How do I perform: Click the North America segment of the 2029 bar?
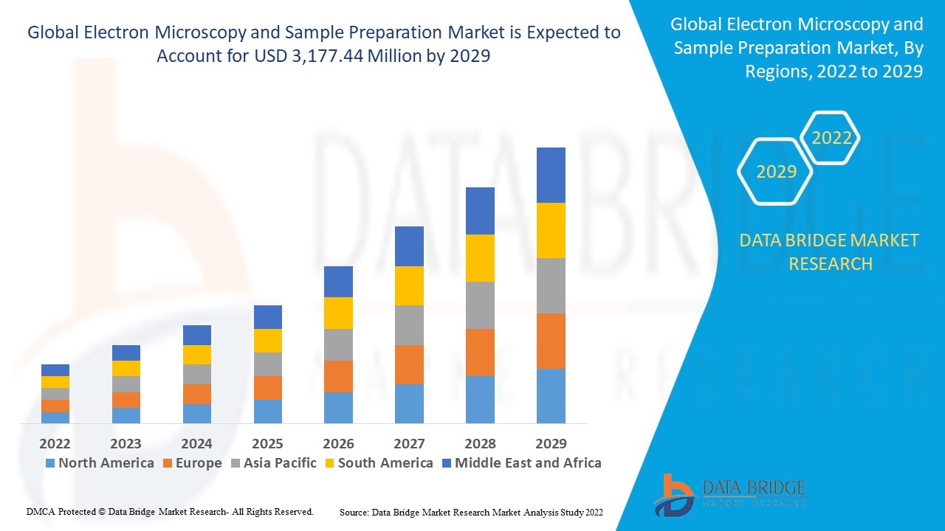click(551, 395)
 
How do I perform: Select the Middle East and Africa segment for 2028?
click(480, 210)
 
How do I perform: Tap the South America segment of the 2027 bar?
click(409, 285)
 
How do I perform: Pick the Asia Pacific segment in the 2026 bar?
click(338, 344)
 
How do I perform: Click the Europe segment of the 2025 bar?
click(267, 387)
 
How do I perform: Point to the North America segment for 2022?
click(55, 417)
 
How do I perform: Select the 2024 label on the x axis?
click(196, 443)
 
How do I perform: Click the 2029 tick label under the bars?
click(551, 443)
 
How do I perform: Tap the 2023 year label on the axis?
click(126, 443)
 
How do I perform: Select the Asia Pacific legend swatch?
click(235, 463)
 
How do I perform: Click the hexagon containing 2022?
click(831, 138)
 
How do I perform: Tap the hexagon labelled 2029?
click(776, 172)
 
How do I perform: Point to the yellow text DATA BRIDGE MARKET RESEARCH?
click(830, 251)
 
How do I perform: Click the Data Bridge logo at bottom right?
click(727, 494)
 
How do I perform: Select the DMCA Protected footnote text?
click(170, 511)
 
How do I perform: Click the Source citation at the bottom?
click(471, 511)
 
